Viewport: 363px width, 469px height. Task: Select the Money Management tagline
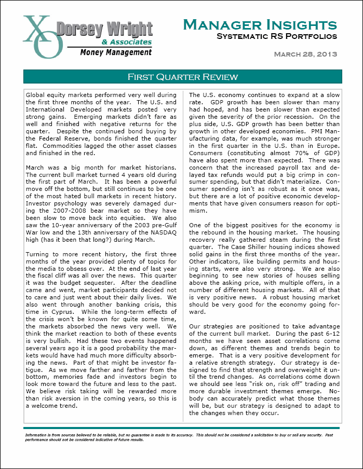coord(116,52)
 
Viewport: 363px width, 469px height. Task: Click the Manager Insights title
coord(260,24)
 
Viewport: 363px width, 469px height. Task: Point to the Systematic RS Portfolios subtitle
coord(276,36)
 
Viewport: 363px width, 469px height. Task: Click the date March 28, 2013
coord(305,54)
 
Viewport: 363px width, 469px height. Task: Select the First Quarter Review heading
coord(183,77)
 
